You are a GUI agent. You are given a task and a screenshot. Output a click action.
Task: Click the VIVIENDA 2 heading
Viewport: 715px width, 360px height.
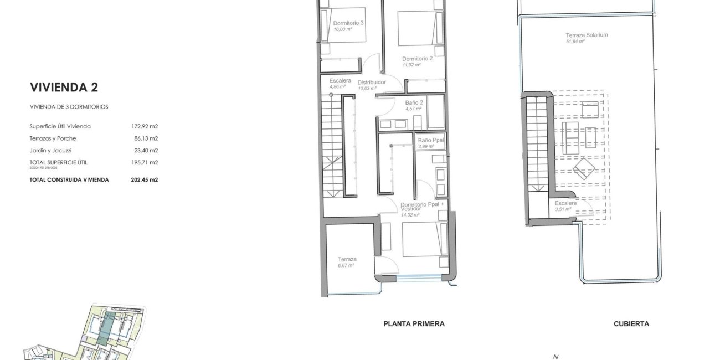(x=64, y=87)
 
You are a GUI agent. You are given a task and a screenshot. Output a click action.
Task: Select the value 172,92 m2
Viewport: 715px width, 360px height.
(x=146, y=127)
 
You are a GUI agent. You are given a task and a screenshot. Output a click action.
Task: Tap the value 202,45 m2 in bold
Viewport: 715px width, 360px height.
(x=146, y=179)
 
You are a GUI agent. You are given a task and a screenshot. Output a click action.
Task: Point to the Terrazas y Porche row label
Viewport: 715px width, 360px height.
(x=53, y=138)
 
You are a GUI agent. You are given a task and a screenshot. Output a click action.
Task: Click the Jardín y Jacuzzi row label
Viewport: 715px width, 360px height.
(x=51, y=150)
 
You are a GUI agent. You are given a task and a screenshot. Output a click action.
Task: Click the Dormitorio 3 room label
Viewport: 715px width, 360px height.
(x=348, y=23)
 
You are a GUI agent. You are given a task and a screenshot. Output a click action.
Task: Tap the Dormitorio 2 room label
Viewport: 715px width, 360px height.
(x=417, y=58)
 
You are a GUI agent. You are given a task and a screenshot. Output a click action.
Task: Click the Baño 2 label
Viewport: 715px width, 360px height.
(x=414, y=102)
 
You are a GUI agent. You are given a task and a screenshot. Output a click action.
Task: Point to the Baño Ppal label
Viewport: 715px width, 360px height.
(x=431, y=140)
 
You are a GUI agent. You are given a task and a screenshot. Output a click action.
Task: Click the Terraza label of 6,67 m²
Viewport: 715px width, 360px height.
(x=347, y=259)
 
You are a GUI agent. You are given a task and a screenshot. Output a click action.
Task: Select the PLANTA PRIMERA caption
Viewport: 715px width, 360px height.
(x=414, y=324)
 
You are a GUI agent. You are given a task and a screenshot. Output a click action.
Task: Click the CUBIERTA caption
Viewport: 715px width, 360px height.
(x=631, y=324)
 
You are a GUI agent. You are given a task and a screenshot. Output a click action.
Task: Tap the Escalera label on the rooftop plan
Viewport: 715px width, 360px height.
(x=565, y=203)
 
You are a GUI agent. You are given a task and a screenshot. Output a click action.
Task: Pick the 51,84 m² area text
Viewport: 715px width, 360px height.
(x=575, y=42)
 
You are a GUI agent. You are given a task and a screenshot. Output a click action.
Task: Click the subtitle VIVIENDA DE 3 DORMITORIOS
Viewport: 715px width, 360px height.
(x=69, y=107)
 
